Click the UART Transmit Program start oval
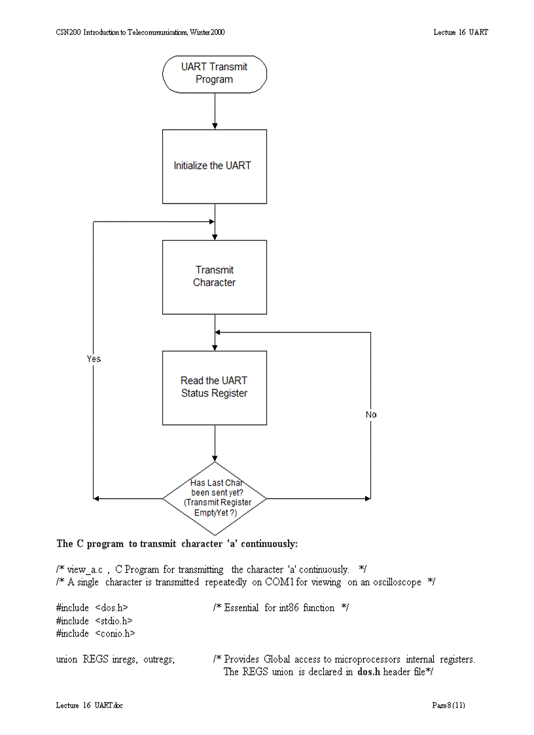(x=214, y=73)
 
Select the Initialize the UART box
(x=214, y=166)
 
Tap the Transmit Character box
(x=214, y=277)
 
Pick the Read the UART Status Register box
(x=214, y=387)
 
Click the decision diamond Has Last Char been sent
(x=214, y=499)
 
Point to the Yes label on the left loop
(x=94, y=359)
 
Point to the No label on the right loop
(x=371, y=415)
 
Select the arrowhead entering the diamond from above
(x=215, y=458)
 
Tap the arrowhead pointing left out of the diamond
(x=97, y=499)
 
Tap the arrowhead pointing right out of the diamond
(x=367, y=499)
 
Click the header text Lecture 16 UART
(x=460, y=32)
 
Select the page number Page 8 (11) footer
(x=448, y=705)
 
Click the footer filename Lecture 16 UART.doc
(x=90, y=705)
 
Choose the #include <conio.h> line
(x=96, y=634)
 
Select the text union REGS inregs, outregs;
(x=116, y=660)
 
